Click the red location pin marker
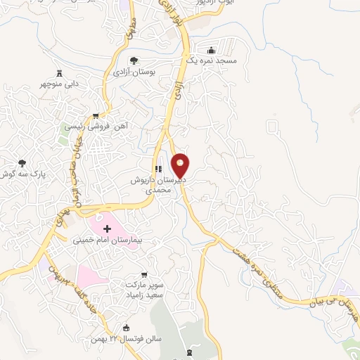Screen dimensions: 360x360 coord(181,166)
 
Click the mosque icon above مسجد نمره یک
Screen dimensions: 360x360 coord(211,50)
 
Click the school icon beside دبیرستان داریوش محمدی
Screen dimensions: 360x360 coord(158,169)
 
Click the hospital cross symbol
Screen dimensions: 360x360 coord(107,229)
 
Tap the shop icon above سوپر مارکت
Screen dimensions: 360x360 coord(144,274)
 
